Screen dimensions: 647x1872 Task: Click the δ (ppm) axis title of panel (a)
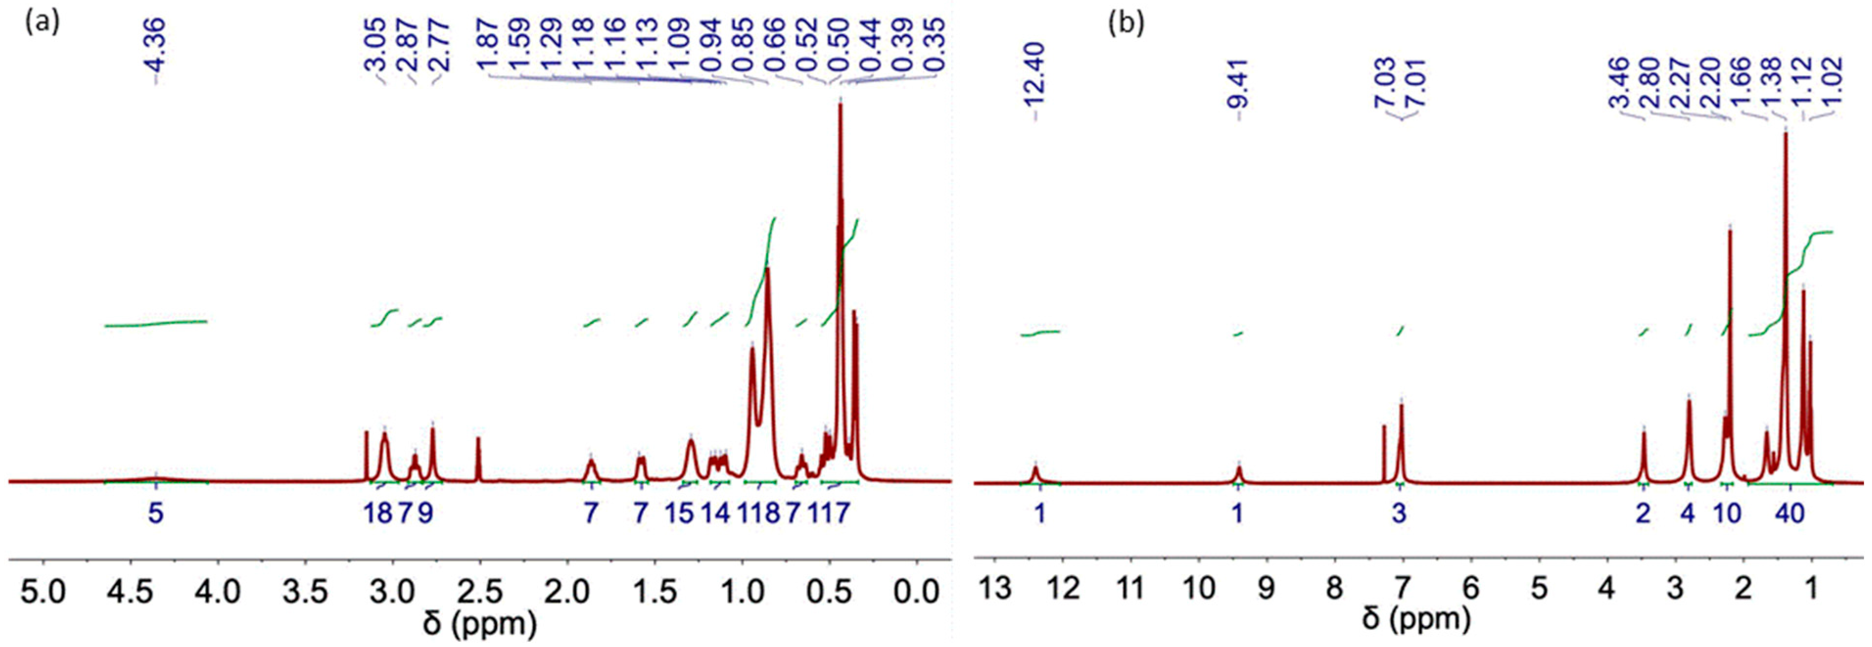tap(480, 623)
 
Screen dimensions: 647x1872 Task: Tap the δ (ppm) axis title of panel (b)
tap(1417, 618)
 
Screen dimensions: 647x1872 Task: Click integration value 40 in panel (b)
tap(1789, 514)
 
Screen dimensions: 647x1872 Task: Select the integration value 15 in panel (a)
tap(679, 514)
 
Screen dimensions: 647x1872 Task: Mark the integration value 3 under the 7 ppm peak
tap(1399, 514)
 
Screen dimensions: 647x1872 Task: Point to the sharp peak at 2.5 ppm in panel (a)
tap(478, 457)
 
